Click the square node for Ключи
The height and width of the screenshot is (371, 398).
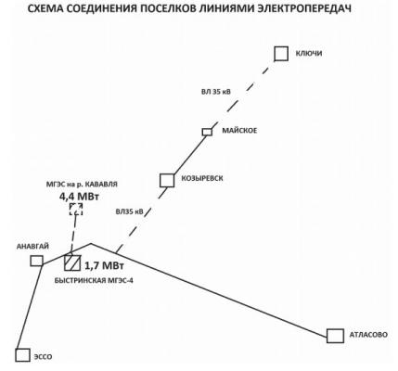281,54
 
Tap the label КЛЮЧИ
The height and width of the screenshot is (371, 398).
309,54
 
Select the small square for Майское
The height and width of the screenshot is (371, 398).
207,132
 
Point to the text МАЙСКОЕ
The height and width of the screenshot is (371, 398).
239,131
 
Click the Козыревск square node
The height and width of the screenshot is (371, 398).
167,180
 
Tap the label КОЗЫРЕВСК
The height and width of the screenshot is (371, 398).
202,178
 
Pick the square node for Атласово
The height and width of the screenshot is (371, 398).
335,336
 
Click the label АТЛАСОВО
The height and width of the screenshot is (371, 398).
368,335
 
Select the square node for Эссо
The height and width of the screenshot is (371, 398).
23,355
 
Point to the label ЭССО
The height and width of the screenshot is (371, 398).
43,357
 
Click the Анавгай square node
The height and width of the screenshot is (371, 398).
36,261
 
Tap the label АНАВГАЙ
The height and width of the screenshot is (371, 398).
32,247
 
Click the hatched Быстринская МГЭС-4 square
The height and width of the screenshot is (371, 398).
72,262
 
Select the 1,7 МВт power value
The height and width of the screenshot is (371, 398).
104,265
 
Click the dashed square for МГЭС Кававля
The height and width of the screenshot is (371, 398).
76,210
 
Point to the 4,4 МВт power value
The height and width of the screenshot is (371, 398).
79,197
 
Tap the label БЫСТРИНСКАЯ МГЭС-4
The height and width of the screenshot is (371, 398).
94,281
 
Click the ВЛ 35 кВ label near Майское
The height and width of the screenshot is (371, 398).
216,92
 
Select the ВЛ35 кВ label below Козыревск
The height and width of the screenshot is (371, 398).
130,211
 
